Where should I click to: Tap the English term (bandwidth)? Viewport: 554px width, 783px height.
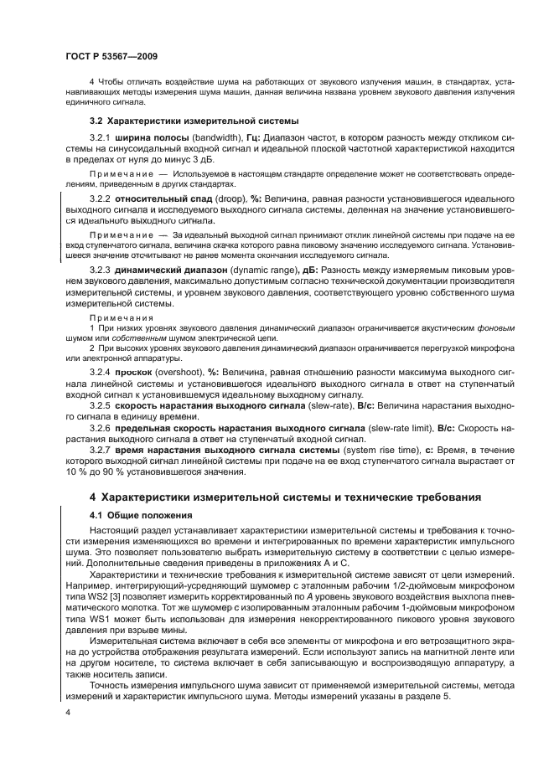point(216,139)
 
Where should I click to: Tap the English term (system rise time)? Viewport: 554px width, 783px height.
point(387,449)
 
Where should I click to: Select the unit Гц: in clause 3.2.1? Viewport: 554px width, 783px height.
point(252,139)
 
